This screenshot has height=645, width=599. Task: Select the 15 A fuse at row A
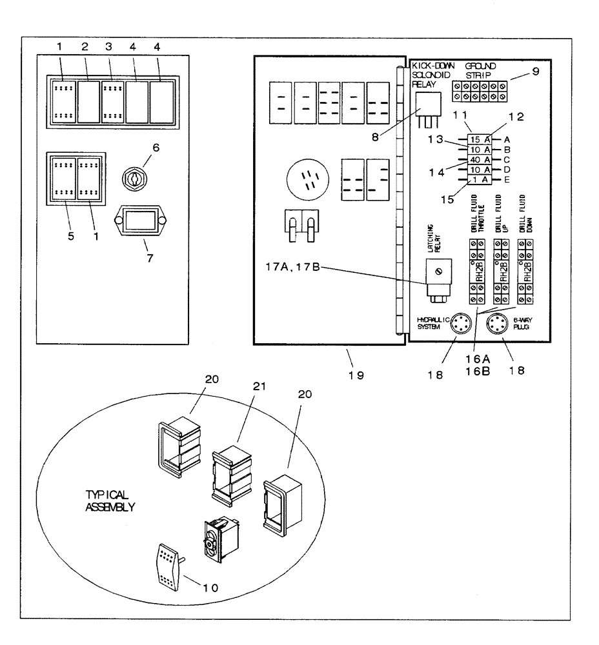478,139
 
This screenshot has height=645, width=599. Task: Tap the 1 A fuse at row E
478,180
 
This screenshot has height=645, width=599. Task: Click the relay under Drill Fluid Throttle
478,272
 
